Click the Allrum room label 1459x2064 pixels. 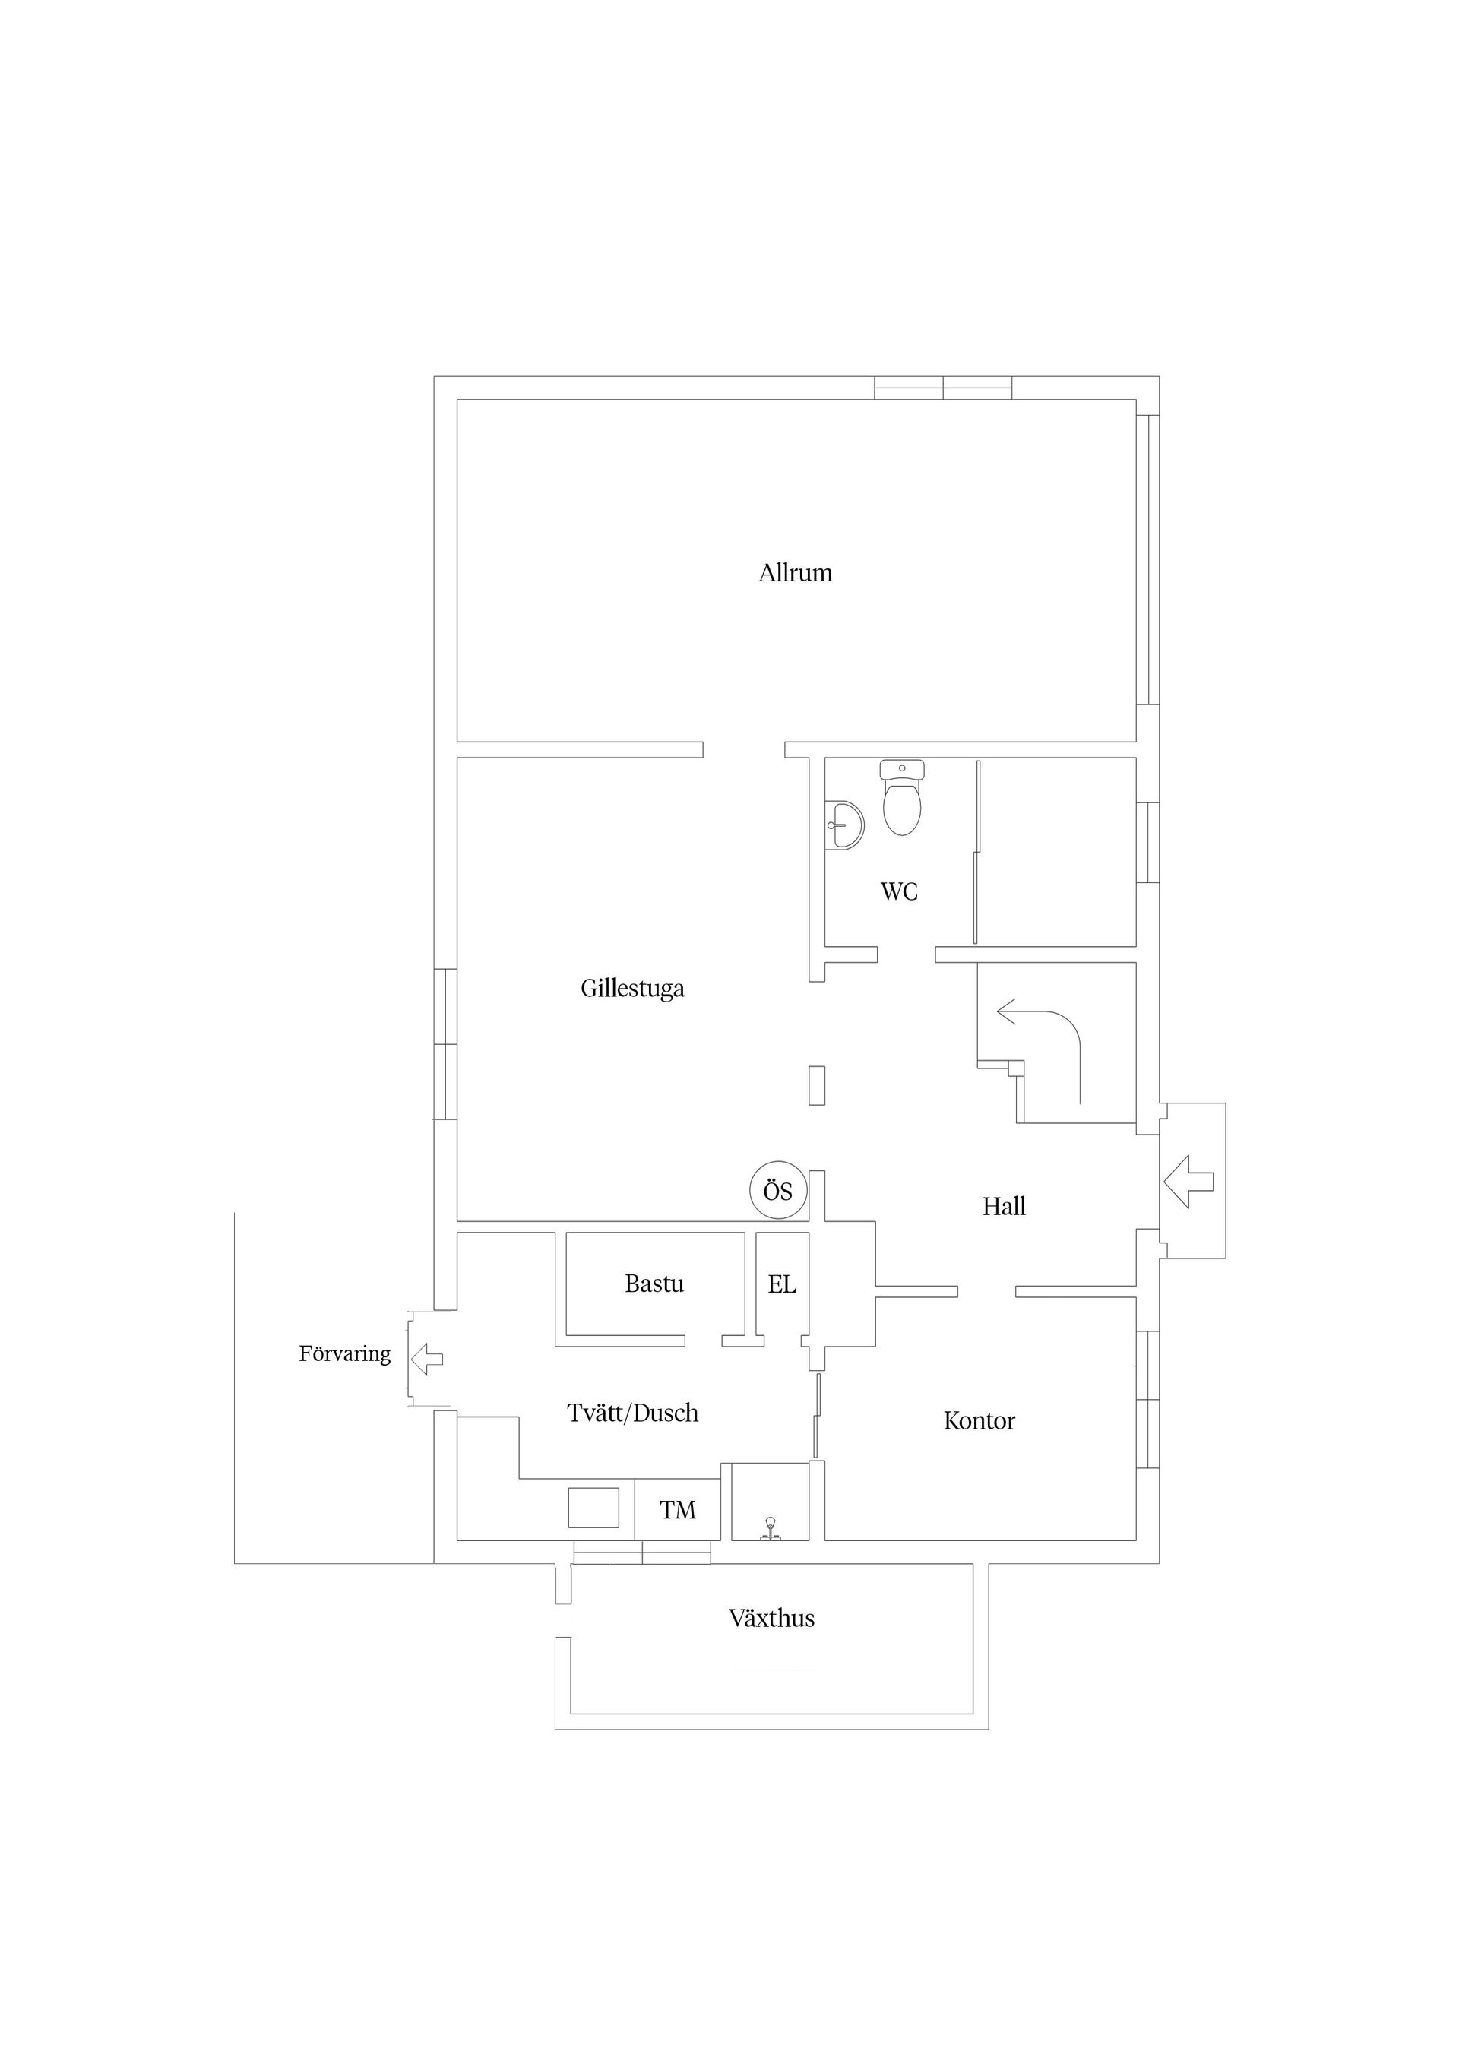796,573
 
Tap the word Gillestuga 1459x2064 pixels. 632,988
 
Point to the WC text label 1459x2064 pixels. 899,891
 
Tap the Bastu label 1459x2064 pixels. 654,1284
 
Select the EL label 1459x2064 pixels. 782,1284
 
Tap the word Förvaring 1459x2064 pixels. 344,1353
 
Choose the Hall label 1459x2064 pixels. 1003,1206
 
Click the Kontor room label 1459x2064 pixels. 979,1420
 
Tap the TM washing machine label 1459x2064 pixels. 678,1510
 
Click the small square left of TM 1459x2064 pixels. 593,1508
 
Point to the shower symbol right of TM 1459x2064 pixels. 771,1528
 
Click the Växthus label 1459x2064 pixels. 771,1618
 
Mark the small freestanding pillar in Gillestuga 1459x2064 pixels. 816,1085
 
